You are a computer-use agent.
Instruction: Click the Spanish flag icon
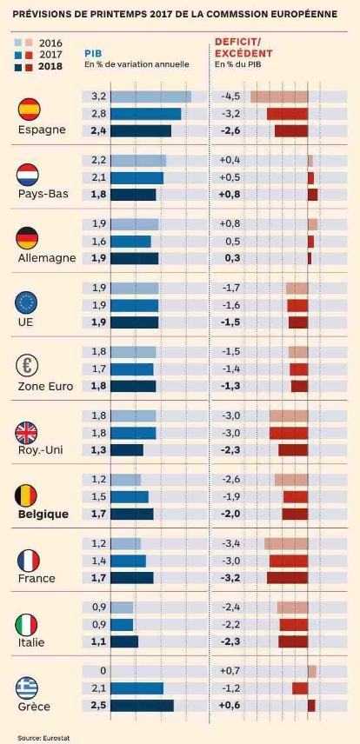click(29, 110)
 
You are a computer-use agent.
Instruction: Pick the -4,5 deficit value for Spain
click(230, 96)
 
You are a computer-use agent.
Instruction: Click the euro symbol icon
click(27, 365)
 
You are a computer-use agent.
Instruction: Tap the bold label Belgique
click(43, 515)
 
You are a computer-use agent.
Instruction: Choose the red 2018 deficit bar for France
click(287, 577)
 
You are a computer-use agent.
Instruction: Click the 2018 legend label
click(50, 67)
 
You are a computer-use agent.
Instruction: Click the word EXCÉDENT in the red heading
click(243, 53)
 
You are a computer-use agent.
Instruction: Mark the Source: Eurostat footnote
click(37, 737)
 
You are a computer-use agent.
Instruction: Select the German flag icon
click(27, 238)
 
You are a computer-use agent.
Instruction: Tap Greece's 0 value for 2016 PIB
click(103, 670)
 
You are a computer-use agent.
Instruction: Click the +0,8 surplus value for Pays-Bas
click(230, 195)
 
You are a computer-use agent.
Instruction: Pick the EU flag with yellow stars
click(27, 302)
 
